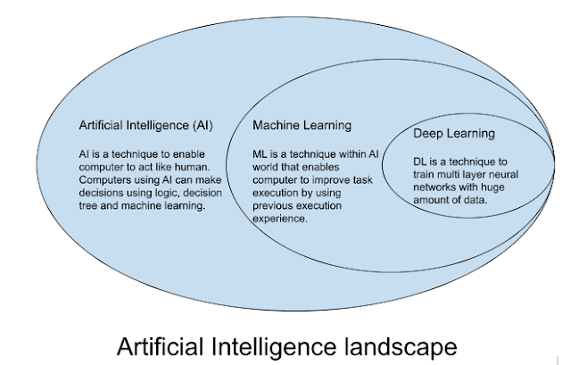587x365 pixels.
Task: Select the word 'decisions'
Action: tap(99, 193)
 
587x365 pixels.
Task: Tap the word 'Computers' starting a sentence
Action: tap(99, 179)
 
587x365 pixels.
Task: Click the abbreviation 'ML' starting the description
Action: tap(260, 154)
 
